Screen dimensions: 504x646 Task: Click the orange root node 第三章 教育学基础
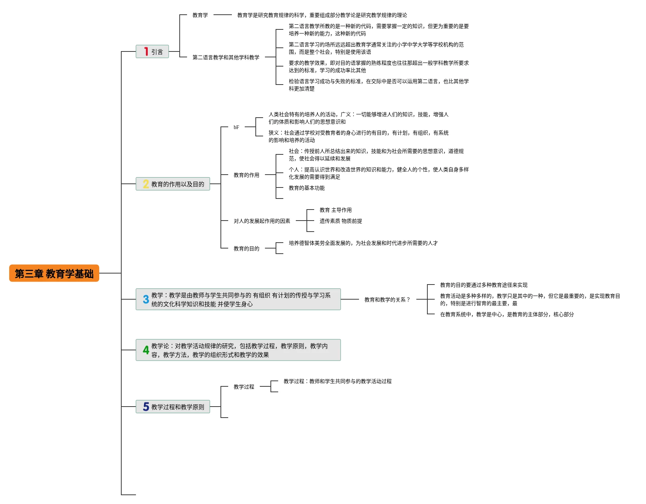tap(54, 273)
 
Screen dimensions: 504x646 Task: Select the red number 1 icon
tap(146, 51)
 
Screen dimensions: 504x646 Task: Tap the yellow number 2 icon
tap(146, 184)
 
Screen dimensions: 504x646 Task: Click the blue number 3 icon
tap(146, 299)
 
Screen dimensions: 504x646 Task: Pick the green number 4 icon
tap(146, 350)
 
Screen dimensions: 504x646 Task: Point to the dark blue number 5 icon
tap(146, 407)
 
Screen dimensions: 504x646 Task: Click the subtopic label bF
tap(236, 127)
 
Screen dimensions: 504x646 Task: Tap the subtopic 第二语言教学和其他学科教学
tap(226, 57)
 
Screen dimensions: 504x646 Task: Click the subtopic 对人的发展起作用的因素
tap(262, 221)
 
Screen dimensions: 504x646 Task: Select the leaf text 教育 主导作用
tap(335, 210)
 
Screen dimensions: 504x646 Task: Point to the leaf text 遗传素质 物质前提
tap(341, 221)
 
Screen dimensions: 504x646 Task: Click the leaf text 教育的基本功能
tap(306, 188)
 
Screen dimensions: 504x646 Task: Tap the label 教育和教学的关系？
tap(387, 300)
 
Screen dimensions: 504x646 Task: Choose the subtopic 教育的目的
tap(246, 249)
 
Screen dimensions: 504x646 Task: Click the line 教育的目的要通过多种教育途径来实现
tap(484, 285)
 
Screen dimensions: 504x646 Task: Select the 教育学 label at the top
tap(200, 15)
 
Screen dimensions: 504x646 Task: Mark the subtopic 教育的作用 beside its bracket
tap(246, 175)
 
